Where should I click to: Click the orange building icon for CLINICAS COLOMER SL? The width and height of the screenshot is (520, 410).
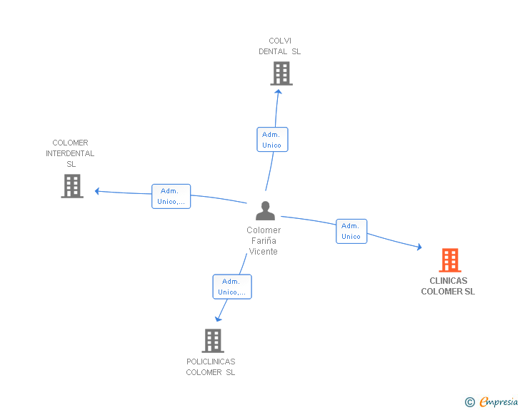pyautogui.click(x=450, y=260)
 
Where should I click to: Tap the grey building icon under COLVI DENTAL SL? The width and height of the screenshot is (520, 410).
pyautogui.click(x=281, y=73)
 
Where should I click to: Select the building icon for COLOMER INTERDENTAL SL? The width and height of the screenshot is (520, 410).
pyautogui.click(x=72, y=186)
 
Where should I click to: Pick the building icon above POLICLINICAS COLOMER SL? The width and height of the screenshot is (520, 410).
pyautogui.click(x=213, y=341)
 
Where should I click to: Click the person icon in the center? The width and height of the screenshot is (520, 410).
pyautogui.click(x=265, y=210)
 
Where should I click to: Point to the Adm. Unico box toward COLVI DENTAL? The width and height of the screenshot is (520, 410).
pyautogui.click(x=272, y=140)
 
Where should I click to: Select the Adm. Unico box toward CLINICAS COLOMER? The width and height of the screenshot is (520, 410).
pyautogui.click(x=351, y=231)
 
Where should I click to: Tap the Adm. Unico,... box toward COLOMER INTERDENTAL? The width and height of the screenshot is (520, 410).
pyautogui.click(x=171, y=196)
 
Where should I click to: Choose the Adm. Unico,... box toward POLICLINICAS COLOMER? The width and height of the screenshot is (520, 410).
pyautogui.click(x=232, y=287)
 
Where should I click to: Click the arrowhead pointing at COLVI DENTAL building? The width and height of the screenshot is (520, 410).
pyautogui.click(x=279, y=92)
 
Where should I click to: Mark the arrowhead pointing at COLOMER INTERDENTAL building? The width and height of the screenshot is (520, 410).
pyautogui.click(x=97, y=191)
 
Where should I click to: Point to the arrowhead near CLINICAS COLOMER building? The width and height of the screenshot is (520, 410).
pyautogui.click(x=419, y=247)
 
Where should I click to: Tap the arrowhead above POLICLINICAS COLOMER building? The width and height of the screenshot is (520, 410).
pyautogui.click(x=218, y=319)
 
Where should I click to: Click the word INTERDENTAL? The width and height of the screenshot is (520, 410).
pyautogui.click(x=70, y=153)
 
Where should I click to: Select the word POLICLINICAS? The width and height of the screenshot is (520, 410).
pyautogui.click(x=211, y=362)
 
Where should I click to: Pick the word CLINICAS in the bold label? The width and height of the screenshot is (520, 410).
pyautogui.click(x=449, y=281)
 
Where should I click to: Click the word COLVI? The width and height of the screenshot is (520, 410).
pyautogui.click(x=280, y=41)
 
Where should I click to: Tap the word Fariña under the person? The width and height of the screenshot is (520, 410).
pyautogui.click(x=264, y=241)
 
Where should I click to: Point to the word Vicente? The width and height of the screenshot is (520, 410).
pyautogui.click(x=264, y=252)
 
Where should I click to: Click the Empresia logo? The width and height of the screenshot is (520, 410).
pyautogui.click(x=491, y=401)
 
